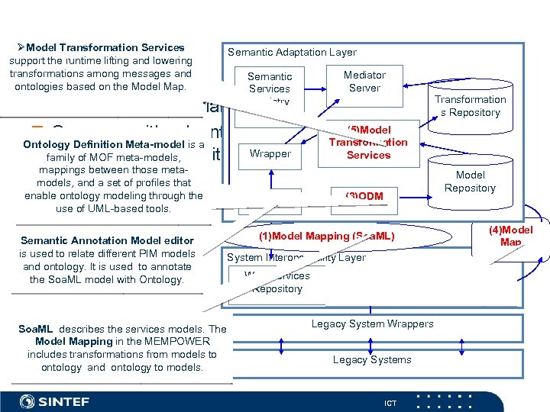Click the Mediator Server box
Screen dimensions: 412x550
point(364,82)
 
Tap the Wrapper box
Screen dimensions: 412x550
point(270,154)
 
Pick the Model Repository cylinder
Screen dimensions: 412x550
point(470,182)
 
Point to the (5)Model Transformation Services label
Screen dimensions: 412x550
point(368,142)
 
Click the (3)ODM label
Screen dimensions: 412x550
point(364,197)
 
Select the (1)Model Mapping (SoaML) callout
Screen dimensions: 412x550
point(326,237)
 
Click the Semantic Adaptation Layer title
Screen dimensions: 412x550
point(292,53)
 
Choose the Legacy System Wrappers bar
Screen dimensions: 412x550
point(372,324)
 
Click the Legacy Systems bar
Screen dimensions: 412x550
point(372,360)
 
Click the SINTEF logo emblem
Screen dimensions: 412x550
point(27,401)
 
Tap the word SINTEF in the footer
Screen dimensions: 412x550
point(63,401)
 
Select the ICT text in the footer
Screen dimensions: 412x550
point(390,403)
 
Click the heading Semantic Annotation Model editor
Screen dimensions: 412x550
point(107,240)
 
